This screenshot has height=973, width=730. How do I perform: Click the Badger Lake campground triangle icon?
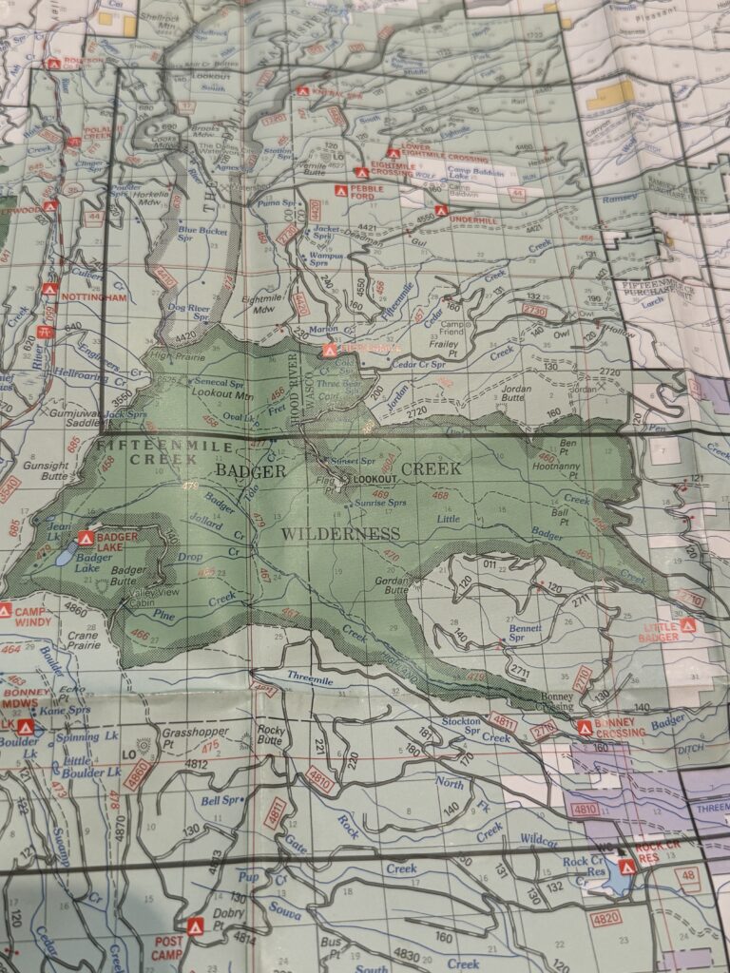(85, 538)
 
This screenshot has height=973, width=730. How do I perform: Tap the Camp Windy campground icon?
(6, 610)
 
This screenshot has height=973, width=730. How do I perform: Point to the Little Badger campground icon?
(688, 625)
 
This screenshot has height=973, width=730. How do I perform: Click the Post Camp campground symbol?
(195, 925)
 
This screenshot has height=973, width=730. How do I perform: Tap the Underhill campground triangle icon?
(440, 210)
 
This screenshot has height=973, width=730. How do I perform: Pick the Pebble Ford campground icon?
(340, 190)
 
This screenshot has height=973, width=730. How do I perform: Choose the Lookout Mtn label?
(216, 391)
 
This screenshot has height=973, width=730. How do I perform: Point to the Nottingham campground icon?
(49, 289)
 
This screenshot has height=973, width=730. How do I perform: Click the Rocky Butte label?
(271, 736)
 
